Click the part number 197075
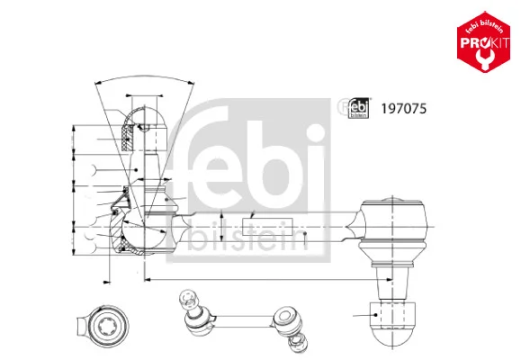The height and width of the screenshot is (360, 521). point(403,109)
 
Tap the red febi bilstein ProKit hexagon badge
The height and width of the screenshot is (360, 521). point(483,42)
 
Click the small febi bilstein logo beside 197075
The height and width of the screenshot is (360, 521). point(358,108)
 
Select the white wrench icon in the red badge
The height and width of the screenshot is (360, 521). point(484,58)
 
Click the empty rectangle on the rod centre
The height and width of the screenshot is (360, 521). point(268,227)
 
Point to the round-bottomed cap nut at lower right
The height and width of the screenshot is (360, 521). point(392,323)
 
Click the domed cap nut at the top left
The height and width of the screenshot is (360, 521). point(145,129)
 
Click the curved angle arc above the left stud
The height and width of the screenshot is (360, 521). point(144,77)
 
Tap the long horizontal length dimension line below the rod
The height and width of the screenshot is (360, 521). point(268,280)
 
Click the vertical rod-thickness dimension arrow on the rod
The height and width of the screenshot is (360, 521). point(221,226)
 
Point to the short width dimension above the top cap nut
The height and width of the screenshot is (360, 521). point(144,95)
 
